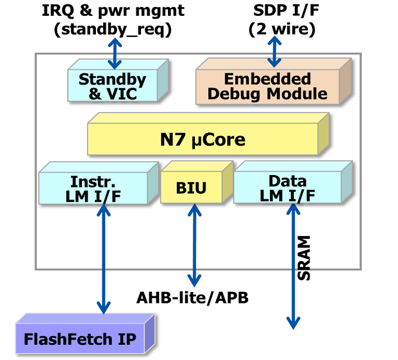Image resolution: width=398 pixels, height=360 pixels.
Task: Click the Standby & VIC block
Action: coord(112,87)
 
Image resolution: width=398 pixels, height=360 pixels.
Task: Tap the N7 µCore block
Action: coord(203,140)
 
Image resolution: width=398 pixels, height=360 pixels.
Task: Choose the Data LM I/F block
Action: coord(287,188)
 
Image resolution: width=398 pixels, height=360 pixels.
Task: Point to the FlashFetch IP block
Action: coord(80,339)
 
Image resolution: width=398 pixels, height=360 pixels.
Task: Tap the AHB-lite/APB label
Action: coord(193,298)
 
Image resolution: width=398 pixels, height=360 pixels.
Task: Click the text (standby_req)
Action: coord(113,29)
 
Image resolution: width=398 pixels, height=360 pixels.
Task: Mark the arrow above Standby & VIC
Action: coord(114,54)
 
